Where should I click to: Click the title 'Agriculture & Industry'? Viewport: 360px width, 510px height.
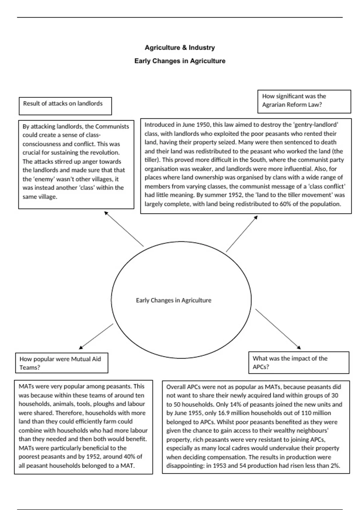(x=180, y=47)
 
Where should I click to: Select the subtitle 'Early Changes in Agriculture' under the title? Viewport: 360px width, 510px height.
(x=180, y=61)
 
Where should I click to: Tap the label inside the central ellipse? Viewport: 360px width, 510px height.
(x=173, y=300)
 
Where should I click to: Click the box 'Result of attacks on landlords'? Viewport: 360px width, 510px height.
(x=65, y=106)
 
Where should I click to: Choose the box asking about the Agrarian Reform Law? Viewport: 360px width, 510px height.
(x=304, y=101)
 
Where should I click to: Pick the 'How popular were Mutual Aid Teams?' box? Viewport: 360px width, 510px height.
(x=61, y=363)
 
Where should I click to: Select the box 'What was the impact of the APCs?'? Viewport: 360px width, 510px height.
(x=298, y=363)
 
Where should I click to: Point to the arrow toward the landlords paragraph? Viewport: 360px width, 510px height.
(x=124, y=229)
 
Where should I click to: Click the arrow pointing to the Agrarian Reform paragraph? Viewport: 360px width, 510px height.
(x=242, y=233)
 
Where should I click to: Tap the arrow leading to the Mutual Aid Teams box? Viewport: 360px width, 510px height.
(x=96, y=336)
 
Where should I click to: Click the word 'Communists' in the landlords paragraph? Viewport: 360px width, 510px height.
(x=112, y=126)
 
